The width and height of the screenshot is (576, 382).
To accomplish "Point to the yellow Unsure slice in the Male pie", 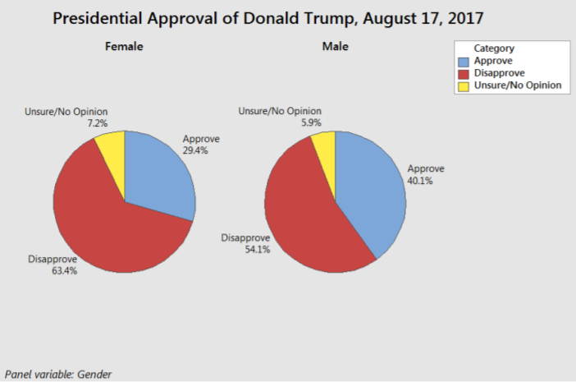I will click(325, 148).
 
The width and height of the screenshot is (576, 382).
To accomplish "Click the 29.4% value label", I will click(195, 152).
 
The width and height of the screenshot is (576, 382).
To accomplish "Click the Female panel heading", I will click(124, 47).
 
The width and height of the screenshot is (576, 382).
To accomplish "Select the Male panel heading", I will click(335, 47).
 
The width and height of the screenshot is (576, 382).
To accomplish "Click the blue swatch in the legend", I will click(465, 61).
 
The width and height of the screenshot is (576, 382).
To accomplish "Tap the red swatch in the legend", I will click(465, 73).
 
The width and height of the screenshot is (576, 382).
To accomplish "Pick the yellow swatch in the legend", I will click(465, 85).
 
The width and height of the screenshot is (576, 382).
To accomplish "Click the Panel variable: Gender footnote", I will click(58, 374).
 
